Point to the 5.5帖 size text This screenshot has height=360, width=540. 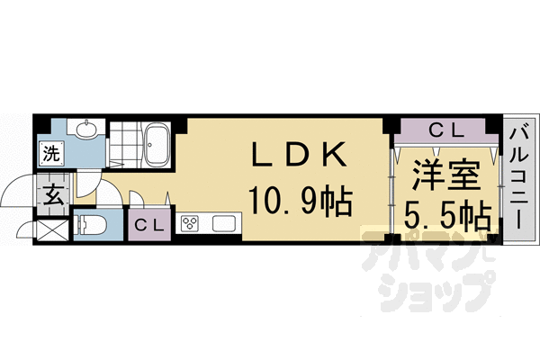coord(446,216)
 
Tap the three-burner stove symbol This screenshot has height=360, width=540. coord(192,223)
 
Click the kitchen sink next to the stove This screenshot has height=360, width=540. coord(222,223)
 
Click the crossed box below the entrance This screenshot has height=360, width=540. coord(51,226)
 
